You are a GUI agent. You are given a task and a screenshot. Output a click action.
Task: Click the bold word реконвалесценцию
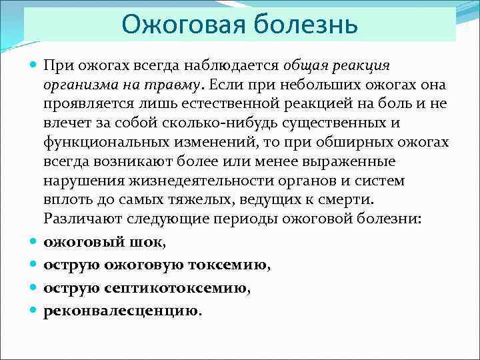[120, 311]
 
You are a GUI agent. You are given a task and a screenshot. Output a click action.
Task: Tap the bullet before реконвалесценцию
[33, 311]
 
